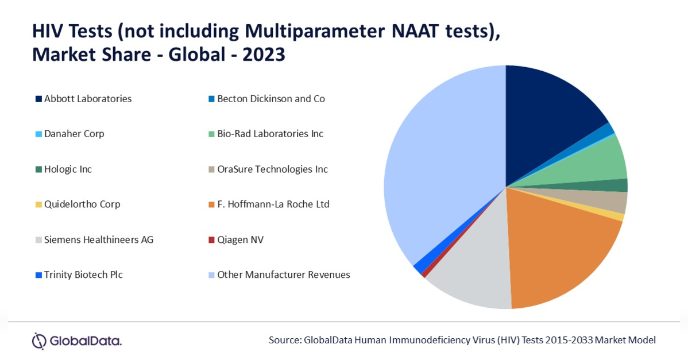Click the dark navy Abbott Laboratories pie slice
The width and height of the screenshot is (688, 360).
548,118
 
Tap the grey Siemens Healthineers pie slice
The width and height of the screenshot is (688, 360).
474,272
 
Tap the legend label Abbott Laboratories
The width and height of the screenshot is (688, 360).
88,99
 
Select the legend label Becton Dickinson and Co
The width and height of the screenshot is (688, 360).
271,99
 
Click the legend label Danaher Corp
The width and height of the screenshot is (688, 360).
74,134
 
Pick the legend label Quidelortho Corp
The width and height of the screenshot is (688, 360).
82,204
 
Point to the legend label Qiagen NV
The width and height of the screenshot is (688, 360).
241,240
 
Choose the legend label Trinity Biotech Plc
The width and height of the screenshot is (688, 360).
83,275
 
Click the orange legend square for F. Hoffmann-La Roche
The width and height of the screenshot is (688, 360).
211,205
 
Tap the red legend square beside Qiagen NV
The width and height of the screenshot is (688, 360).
211,240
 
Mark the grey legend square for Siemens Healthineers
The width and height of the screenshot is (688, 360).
38,240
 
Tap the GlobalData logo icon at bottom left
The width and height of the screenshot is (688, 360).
39,340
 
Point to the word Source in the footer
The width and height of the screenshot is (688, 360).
285,340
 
